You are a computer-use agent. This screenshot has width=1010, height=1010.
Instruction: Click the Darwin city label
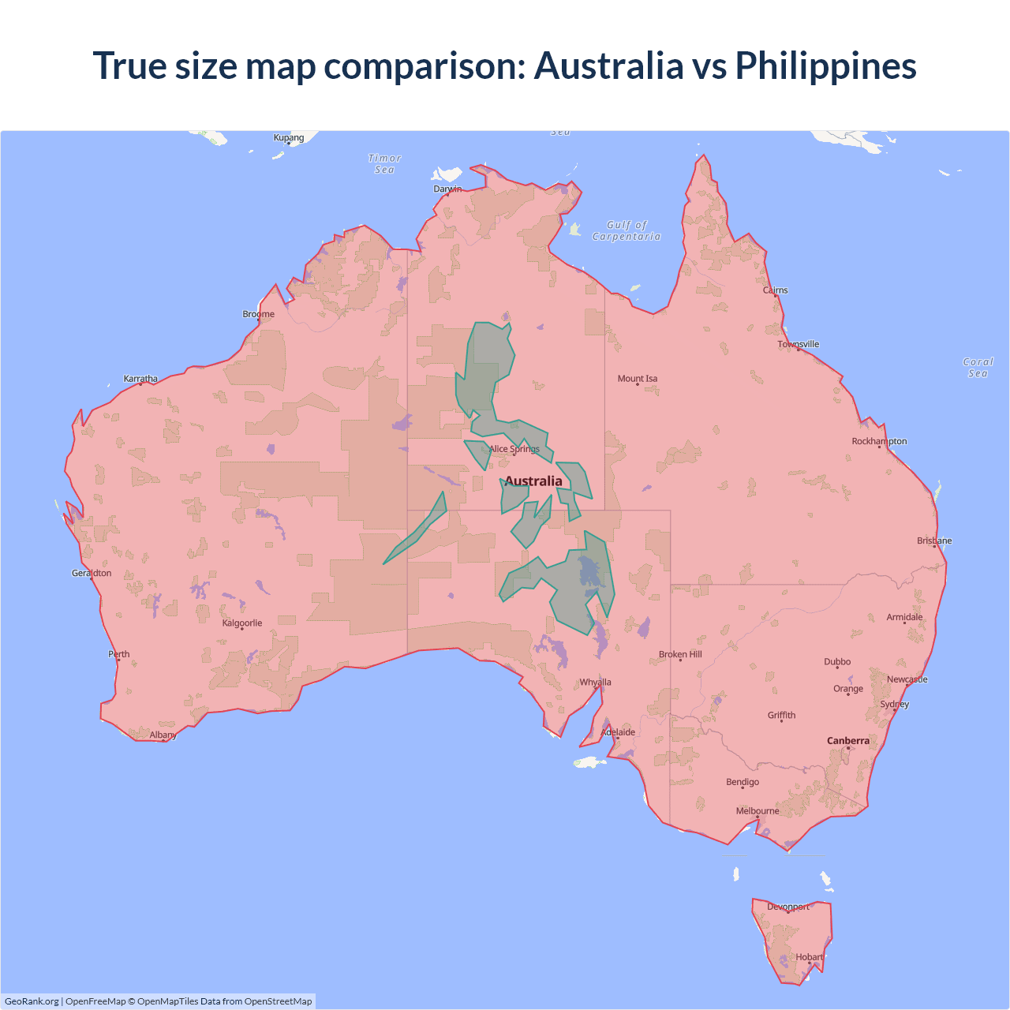click(447, 189)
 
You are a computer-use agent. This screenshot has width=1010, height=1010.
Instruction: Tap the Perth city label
click(119, 654)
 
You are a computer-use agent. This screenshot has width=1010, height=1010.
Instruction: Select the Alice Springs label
click(514, 449)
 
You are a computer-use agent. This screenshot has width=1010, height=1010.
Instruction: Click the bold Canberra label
click(848, 741)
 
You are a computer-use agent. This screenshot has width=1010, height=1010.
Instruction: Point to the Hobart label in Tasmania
click(810, 957)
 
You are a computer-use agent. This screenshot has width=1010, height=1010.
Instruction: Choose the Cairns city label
click(776, 290)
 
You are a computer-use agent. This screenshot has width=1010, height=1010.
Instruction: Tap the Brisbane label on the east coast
click(934, 541)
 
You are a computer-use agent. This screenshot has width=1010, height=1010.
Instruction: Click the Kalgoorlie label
click(242, 623)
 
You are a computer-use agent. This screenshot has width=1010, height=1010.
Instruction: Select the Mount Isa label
click(638, 379)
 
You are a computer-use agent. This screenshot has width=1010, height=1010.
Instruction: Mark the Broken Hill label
click(680, 654)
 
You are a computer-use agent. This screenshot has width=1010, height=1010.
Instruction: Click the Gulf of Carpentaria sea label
click(627, 230)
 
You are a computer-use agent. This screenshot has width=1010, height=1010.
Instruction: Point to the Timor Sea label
click(385, 164)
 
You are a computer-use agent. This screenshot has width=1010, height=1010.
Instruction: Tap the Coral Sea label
click(978, 368)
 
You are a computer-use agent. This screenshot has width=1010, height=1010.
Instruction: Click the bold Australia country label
click(533, 481)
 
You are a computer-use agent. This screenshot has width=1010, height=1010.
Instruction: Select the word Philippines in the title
click(825, 66)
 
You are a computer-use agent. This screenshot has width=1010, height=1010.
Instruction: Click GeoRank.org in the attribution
click(32, 1001)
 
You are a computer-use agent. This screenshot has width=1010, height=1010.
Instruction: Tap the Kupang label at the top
click(289, 137)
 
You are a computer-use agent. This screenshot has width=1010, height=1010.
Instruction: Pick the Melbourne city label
click(757, 811)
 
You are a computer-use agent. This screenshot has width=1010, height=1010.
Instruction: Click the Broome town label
click(259, 314)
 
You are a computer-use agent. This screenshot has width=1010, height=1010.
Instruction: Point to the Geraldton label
click(92, 573)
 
